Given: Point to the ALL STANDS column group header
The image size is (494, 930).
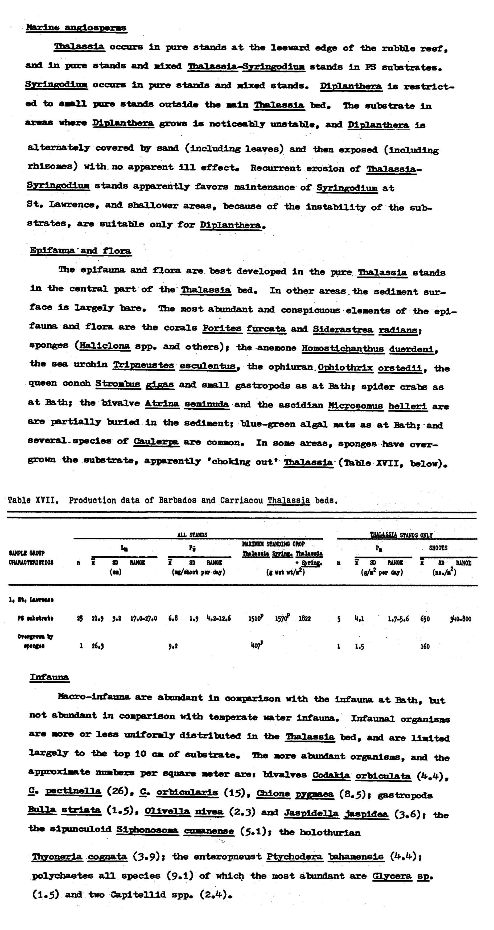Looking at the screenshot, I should tap(192, 535).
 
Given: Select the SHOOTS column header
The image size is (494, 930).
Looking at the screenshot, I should tap(438, 548).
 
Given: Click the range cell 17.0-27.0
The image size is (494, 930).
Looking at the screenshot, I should tap(144, 618).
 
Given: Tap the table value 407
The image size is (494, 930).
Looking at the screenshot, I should tap(256, 646).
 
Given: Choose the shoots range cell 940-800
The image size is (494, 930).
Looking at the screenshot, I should tap(460, 619).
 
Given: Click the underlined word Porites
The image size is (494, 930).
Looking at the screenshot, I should tap(222, 328).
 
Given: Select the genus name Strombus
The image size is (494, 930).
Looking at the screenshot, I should tap(118, 384).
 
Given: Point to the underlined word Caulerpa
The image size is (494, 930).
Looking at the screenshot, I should tap(156, 442).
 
